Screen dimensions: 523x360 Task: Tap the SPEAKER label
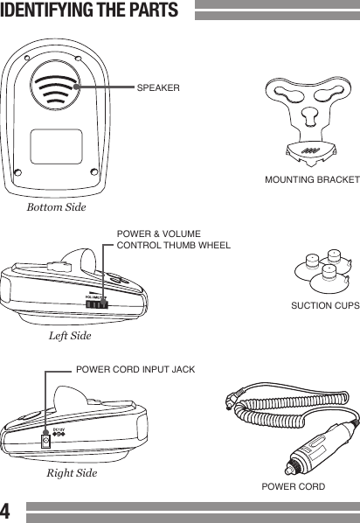(x=158, y=88)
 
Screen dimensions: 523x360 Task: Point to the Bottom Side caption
(x=57, y=207)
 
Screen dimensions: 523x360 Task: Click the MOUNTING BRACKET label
(x=312, y=179)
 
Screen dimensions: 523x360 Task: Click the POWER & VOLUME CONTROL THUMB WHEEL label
(x=173, y=241)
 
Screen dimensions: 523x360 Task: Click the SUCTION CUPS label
(x=323, y=307)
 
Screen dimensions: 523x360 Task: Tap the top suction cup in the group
(x=332, y=258)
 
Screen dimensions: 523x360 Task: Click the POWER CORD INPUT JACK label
(x=135, y=370)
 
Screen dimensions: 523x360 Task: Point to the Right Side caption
(x=72, y=473)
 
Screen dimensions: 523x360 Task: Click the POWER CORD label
(x=293, y=487)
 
